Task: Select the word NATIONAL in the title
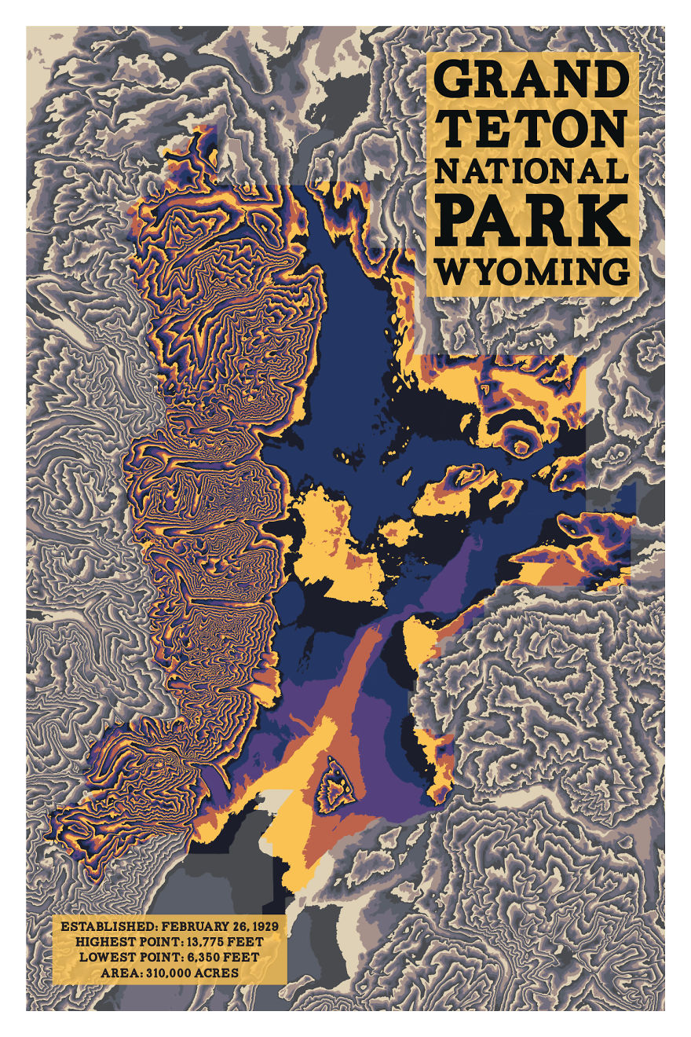(532, 172)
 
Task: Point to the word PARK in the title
(532, 221)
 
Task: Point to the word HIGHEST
(103, 942)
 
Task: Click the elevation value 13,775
(201, 942)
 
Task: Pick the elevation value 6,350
(202, 958)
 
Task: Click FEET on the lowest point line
(243, 958)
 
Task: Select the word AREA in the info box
(119, 973)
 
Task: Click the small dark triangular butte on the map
(335, 786)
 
